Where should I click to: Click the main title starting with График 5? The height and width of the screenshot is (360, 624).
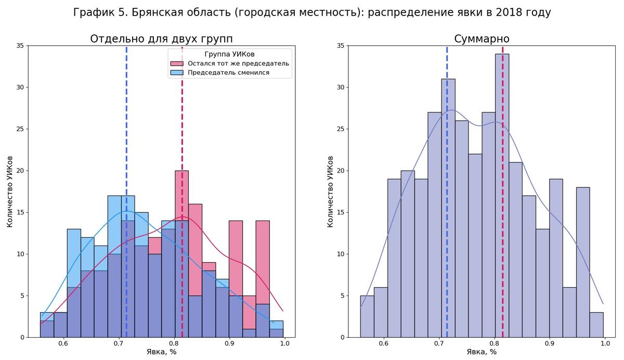pyautogui.click(x=311, y=12)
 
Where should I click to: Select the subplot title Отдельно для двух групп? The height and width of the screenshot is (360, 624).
pyautogui.click(x=161, y=39)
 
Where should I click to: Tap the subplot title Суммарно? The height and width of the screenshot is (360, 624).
pyautogui.click(x=482, y=39)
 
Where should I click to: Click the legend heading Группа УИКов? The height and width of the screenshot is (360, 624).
pyautogui.click(x=229, y=54)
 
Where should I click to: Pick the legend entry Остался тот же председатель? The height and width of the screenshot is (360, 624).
pyautogui.click(x=238, y=63)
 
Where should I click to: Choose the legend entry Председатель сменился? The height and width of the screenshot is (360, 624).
pyautogui.click(x=228, y=73)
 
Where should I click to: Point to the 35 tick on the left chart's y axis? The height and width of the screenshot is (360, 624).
pyautogui.click(x=20, y=46)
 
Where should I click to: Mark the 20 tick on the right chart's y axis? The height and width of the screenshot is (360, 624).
pyautogui.click(x=341, y=171)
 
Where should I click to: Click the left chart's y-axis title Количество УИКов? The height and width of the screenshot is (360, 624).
pyautogui.click(x=9, y=191)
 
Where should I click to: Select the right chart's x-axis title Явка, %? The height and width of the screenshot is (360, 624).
pyautogui.click(x=482, y=352)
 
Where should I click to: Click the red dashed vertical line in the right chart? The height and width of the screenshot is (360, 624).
pyautogui.click(x=502, y=130)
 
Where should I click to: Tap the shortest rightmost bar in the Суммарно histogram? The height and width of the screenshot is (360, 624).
pyautogui.click(x=596, y=325)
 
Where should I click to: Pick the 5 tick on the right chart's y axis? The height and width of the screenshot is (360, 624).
pyautogui.click(x=343, y=295)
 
